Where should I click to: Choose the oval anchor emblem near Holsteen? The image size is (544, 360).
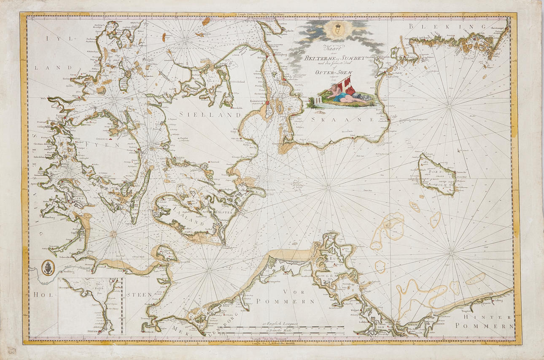(48, 267)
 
